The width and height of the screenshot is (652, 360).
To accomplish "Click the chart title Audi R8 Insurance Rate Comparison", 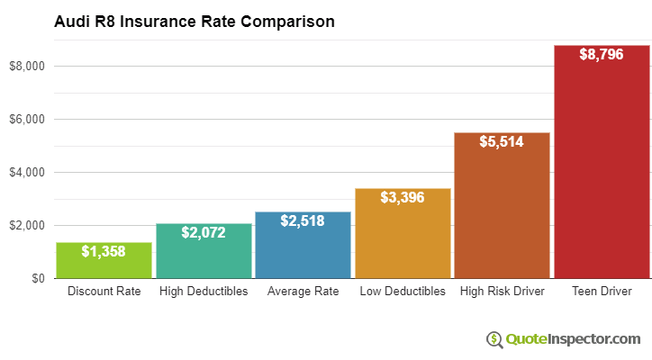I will point(194,21).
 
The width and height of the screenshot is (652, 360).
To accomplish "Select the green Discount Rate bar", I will point(104,263).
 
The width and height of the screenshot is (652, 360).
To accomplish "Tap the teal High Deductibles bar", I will point(203,256).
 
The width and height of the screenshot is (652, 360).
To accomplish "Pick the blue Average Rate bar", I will point(303,252).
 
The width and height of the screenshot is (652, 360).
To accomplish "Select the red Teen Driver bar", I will point(601,171).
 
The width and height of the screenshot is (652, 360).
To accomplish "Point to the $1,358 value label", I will point(104,250).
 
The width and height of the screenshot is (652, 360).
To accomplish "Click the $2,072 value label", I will point(203,231).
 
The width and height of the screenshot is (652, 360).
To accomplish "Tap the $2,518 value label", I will point(303,220).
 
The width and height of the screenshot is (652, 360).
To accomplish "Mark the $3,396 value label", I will point(403,196).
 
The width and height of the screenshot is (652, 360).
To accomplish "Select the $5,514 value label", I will point(502,140).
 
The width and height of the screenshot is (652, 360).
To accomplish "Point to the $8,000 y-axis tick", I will point(26,67).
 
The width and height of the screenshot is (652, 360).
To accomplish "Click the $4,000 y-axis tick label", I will point(26,173).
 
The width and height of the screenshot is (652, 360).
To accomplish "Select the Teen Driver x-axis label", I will point(601,292).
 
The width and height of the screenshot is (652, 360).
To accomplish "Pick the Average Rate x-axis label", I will point(303,292).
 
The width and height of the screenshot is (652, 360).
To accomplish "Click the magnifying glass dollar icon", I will point(494,339).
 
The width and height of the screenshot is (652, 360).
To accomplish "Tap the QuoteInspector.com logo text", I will point(573,339).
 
